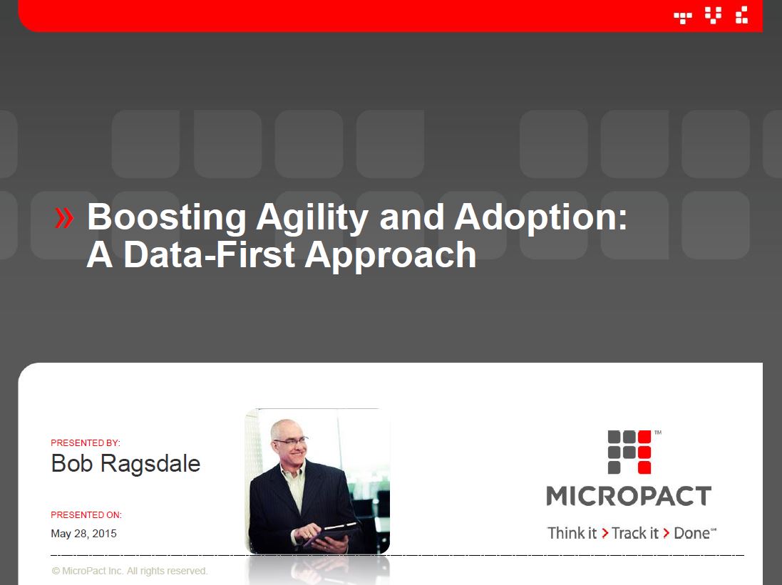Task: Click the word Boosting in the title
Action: pos(167,217)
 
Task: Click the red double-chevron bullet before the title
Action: pos(64,218)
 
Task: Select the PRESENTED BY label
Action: pos(86,443)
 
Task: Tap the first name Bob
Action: pos(72,463)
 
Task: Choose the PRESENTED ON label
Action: pos(86,514)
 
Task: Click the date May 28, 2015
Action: pos(84,534)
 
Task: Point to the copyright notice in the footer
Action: pos(130,571)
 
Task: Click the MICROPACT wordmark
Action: pos(629,496)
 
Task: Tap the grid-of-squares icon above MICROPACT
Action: pos(629,452)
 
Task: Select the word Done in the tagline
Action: pos(691,533)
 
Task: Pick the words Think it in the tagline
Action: pos(572,533)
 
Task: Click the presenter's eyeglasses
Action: pos(291,440)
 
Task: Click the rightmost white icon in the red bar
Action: pos(742,15)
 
